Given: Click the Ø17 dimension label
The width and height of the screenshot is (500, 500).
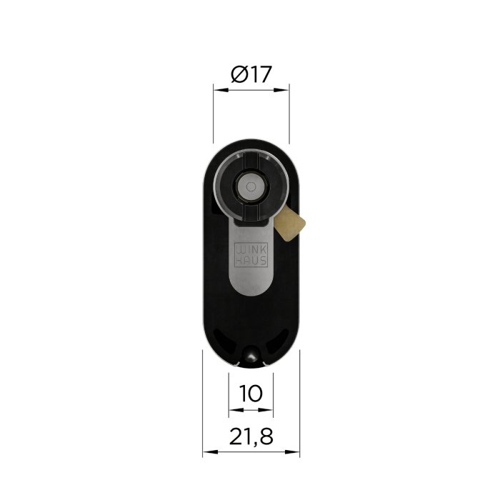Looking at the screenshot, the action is [251, 74].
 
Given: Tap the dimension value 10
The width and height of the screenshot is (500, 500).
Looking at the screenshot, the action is [251, 393].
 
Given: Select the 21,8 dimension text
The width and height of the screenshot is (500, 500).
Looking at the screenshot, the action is [251, 436].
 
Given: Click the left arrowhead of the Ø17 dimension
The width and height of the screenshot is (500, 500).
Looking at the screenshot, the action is [221, 90].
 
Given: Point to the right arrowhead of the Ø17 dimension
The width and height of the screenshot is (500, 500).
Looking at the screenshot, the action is [281, 90].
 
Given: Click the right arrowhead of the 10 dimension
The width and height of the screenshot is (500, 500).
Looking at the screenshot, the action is [266, 410].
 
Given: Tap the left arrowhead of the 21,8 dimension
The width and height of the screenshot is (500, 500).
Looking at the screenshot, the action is [211, 452].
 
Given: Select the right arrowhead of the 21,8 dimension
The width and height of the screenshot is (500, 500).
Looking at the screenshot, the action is [292, 452].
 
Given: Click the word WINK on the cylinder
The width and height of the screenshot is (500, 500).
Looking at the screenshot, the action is [251, 250].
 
